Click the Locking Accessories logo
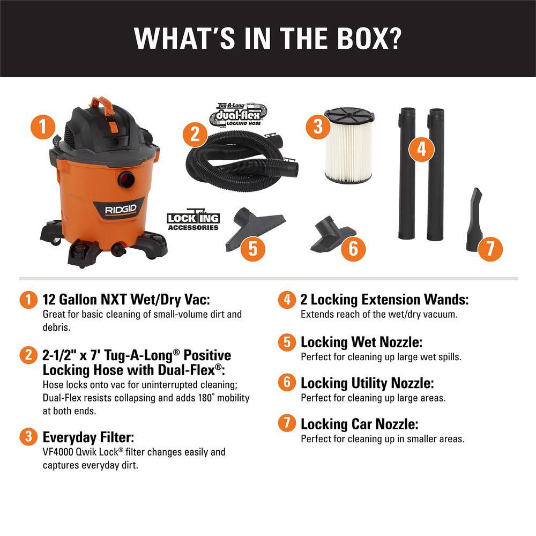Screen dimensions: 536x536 click(193, 221)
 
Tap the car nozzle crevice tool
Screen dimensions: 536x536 click(474, 220)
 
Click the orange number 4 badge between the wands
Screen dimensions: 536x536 click(422, 149)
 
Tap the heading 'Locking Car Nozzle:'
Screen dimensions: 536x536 click(359, 424)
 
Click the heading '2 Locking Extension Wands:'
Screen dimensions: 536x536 click(384, 299)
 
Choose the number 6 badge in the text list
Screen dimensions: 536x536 click(287, 383)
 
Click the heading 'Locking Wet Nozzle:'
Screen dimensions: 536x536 click(361, 342)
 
